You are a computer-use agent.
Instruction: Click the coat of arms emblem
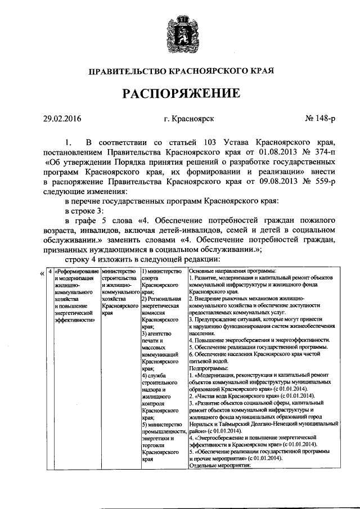tap(181, 35)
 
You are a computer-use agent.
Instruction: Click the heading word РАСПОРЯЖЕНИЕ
tap(180, 92)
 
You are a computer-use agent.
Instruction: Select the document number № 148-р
tap(321, 119)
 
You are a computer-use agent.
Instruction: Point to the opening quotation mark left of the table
tap(42, 274)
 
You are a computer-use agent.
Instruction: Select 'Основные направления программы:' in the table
tap(232, 271)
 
